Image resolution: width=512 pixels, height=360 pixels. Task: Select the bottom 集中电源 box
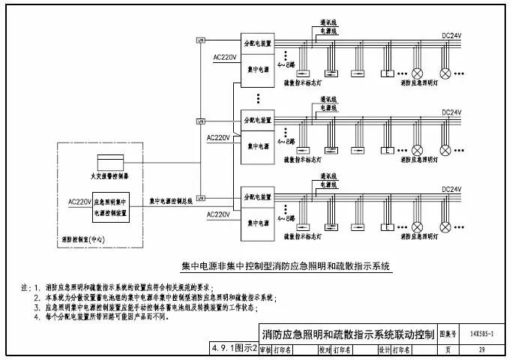[257, 223]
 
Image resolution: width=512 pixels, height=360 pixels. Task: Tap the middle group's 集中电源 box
[257, 147]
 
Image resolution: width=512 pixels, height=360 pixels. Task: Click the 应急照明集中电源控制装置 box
[110, 208]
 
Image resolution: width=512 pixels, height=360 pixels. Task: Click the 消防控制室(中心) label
[83, 241]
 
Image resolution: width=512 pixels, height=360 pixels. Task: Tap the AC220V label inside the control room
[79, 202]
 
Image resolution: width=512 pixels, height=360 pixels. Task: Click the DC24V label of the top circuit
[451, 36]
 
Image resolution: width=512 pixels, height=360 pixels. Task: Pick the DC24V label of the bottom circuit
[451, 189]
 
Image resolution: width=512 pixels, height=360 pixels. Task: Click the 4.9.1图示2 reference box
[234, 349]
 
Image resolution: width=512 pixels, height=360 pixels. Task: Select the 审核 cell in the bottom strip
[265, 349]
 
